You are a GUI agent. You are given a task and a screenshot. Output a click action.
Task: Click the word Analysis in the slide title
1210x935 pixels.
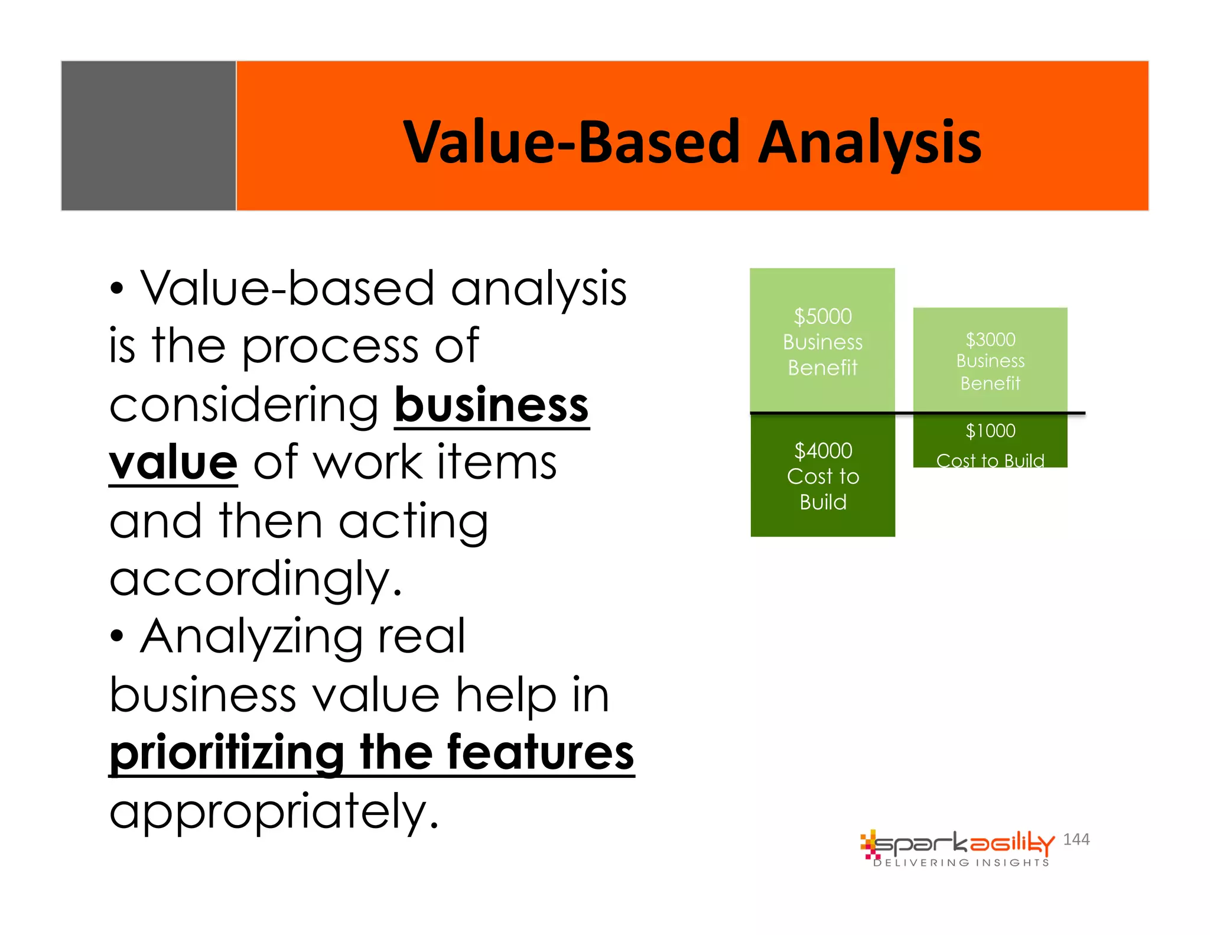(869, 142)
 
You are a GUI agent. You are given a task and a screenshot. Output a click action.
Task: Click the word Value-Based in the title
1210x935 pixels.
(571, 142)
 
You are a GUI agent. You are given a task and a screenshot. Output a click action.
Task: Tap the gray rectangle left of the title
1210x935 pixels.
(148, 135)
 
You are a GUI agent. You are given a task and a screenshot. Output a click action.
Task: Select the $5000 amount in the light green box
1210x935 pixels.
(822, 317)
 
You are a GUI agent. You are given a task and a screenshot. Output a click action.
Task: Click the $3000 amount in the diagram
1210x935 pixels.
(990, 340)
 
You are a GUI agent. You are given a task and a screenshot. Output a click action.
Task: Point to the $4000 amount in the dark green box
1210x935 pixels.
(823, 451)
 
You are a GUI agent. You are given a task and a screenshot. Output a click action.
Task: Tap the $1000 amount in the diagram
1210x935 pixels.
(990, 431)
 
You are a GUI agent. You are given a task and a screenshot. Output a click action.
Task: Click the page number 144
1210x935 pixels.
(1076, 839)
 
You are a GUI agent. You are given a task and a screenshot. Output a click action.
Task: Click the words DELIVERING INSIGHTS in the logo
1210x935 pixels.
(961, 863)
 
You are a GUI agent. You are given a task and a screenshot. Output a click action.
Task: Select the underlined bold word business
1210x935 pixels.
(492, 405)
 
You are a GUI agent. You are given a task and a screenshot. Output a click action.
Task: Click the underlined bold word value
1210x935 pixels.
(174, 463)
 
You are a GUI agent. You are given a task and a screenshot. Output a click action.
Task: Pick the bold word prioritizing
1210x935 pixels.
(227, 753)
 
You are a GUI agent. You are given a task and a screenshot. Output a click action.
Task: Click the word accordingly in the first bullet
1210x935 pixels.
(255, 579)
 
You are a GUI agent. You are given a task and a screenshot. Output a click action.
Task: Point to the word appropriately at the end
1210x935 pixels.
(274, 811)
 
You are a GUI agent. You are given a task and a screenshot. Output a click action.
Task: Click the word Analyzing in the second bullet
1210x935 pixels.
(252, 637)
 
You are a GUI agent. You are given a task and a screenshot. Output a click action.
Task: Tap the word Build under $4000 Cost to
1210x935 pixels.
(823, 502)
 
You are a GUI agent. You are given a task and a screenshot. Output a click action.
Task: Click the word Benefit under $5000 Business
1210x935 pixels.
(822, 368)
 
